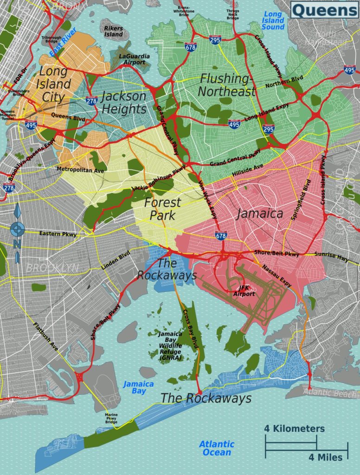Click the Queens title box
[324, 9]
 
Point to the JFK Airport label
[244, 291]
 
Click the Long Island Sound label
[272, 20]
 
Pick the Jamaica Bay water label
[138, 387]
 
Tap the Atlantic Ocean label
[216, 448]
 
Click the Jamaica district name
[260, 213]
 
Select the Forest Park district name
[162, 209]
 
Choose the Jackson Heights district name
[123, 103]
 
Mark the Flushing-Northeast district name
[226, 84]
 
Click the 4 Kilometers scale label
[294, 428]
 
